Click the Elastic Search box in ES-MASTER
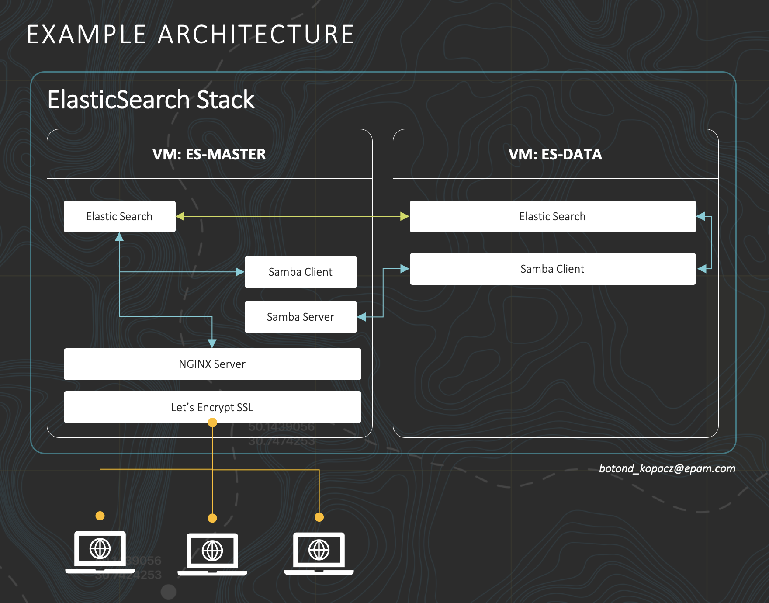pyautogui.click(x=119, y=216)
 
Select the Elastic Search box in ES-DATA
pyautogui.click(x=552, y=216)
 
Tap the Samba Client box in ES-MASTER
pyautogui.click(x=301, y=272)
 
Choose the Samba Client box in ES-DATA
pyautogui.click(x=552, y=269)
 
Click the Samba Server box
pyautogui.click(x=301, y=317)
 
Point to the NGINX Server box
pyautogui.click(x=212, y=364)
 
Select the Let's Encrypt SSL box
pyautogui.click(x=212, y=407)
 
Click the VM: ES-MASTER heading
pyautogui.click(x=209, y=154)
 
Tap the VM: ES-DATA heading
pyautogui.click(x=555, y=154)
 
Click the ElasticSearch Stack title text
pyautogui.click(x=151, y=100)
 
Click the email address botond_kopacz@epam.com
pyautogui.click(x=667, y=468)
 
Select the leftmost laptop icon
pyautogui.click(x=100, y=551)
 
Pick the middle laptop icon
pyautogui.click(x=212, y=554)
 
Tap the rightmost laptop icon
pyautogui.click(x=319, y=553)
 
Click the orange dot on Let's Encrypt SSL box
pyautogui.click(x=212, y=423)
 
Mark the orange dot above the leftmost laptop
pyautogui.click(x=100, y=516)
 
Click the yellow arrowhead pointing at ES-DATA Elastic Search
pyautogui.click(x=405, y=216)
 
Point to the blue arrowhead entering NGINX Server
pyautogui.click(x=212, y=343)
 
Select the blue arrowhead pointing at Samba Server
pyautogui.click(x=362, y=317)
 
